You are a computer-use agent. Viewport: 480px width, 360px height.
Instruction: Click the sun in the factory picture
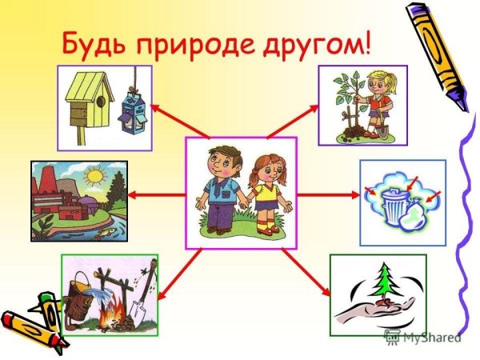click(x=96, y=174)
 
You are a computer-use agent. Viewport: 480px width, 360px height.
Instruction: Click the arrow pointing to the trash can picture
click(x=328, y=194)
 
